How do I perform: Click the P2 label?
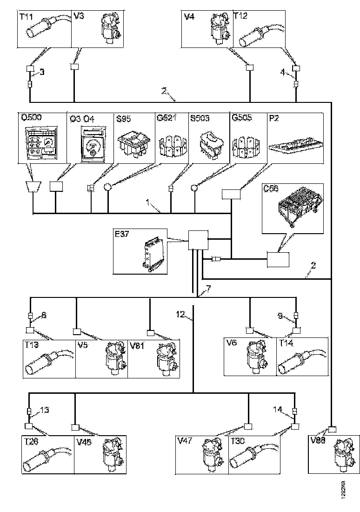[x=274, y=119]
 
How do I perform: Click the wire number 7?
[x=208, y=289]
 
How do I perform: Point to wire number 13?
[x=45, y=410]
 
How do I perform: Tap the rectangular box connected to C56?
[x=278, y=259]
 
